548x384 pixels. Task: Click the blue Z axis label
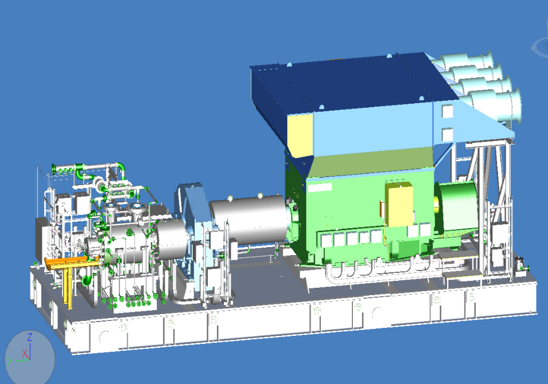pyautogui.click(x=30, y=337)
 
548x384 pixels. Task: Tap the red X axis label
pyautogui.click(x=25, y=353)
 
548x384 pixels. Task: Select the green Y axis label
pyautogui.click(x=10, y=361)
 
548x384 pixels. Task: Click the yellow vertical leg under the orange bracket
pyautogui.click(x=68, y=288)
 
